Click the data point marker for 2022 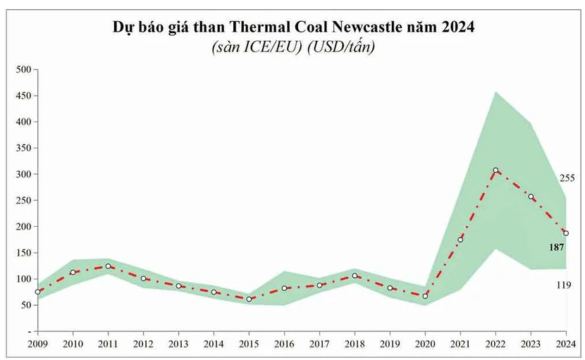(x=495, y=170)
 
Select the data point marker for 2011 (x=108, y=266)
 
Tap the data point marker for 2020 (x=425, y=296)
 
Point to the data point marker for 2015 (x=249, y=299)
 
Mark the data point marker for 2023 (x=531, y=197)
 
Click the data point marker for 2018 (x=355, y=275)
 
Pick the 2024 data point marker (x=566, y=233)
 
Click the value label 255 (x=567, y=178)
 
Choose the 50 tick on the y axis (x=25, y=305)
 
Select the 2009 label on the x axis (x=37, y=343)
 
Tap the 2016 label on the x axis (x=284, y=343)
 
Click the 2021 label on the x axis (x=460, y=343)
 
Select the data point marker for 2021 (x=460, y=240)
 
